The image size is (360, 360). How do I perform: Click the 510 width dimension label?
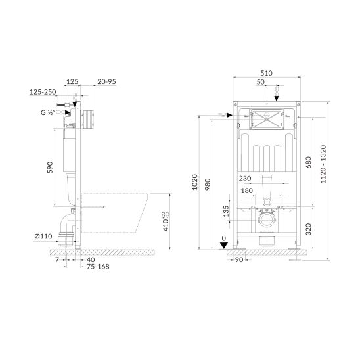coord(266,73)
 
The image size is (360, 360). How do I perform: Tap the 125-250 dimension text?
coord(43,92)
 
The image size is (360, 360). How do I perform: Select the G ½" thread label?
coord(48,112)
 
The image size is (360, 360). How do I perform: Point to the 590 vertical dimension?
coord(50,168)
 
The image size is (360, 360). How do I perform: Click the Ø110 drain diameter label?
coord(43,236)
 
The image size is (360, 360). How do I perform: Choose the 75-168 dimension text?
coord(98,267)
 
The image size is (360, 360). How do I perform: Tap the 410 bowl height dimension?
coord(166,221)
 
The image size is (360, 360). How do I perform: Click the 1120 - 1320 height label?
coord(323,164)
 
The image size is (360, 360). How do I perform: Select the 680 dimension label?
coord(309,162)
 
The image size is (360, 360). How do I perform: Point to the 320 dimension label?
coord(309,229)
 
